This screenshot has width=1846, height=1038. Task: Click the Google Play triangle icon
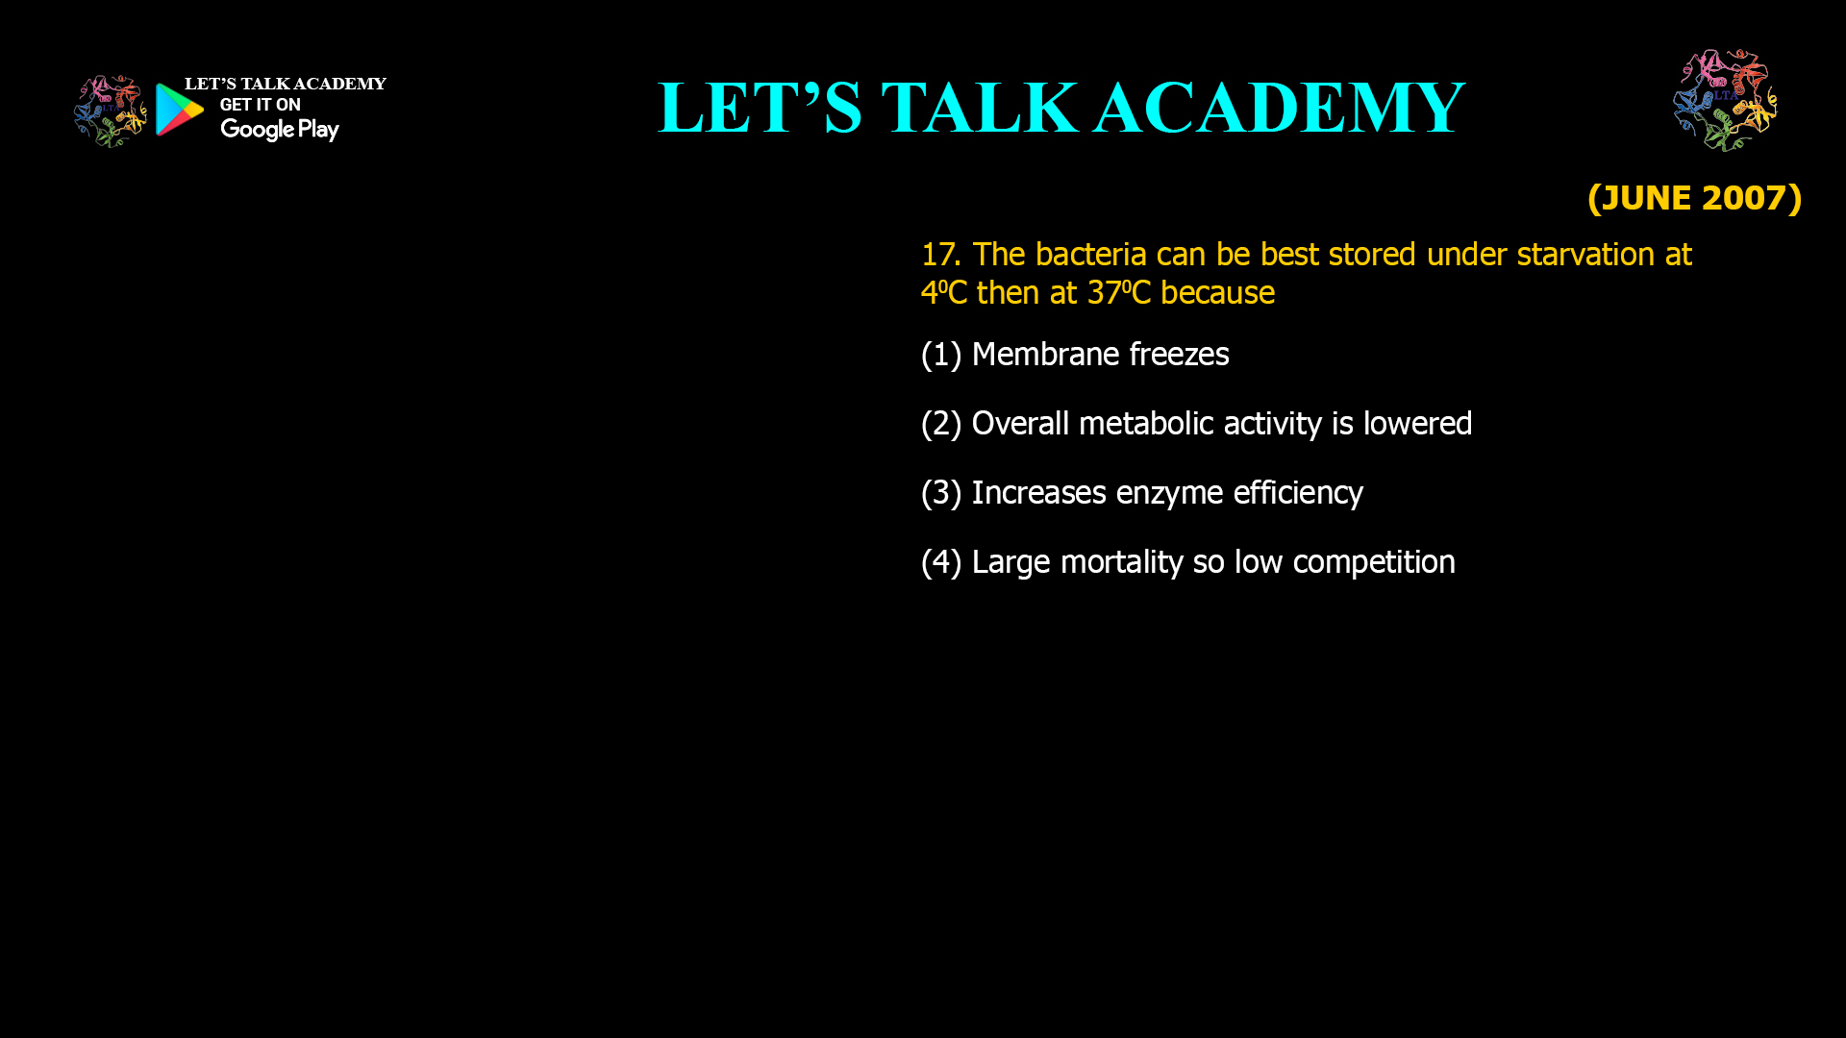179,110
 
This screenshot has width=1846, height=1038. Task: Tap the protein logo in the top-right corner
1726,100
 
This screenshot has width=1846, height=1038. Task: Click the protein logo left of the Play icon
111,111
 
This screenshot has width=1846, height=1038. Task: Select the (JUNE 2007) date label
1695,198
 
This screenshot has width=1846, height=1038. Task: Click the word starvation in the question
1585,255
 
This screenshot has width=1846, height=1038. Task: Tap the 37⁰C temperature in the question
1119,292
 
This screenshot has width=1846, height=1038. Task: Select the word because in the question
1217,292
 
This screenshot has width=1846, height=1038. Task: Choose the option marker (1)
941,355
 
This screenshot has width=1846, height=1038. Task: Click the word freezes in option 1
1179,355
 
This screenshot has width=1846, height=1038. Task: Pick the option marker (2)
941,424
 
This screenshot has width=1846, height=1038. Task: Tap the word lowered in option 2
1417,424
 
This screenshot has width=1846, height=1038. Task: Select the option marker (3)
941,493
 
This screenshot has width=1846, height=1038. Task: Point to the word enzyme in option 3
1169,494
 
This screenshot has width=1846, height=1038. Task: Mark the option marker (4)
941,562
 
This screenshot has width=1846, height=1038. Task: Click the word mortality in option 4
1121,562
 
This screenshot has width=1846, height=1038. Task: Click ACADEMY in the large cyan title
1280,108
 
